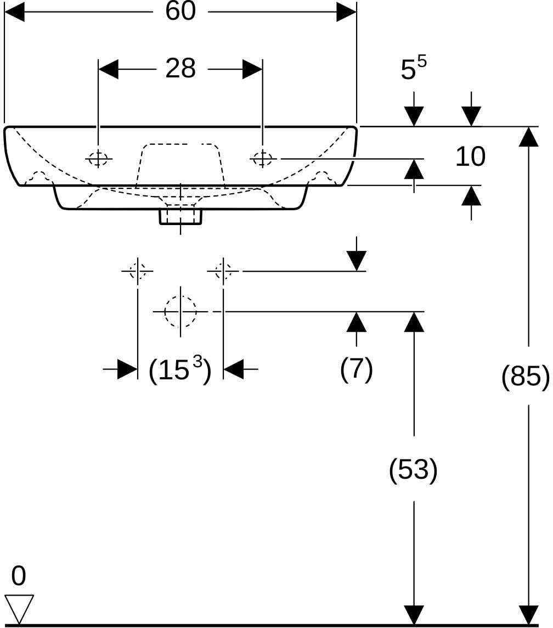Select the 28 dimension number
coord(180,69)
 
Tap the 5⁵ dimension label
coord(414,68)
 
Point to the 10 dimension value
coord(471,156)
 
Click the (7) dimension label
coord(357,369)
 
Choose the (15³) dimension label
coord(180,369)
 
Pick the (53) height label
coord(413,469)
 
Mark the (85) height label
coord(526,376)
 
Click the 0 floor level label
coord(19,576)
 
